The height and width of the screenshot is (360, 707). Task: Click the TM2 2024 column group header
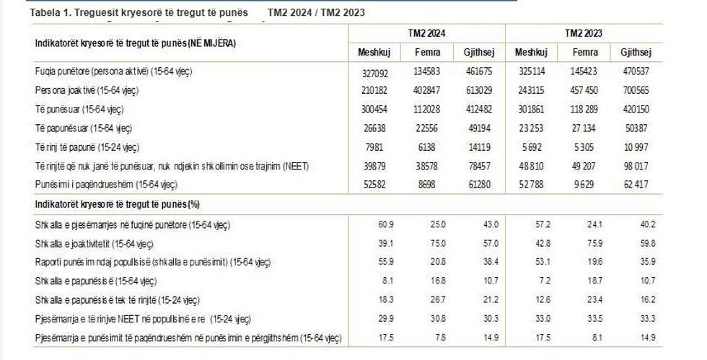pyautogui.click(x=427, y=33)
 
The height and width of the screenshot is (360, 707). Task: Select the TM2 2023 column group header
pyautogui.click(x=584, y=33)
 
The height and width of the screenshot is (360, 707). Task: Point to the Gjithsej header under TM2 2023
pyautogui.click(x=636, y=53)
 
